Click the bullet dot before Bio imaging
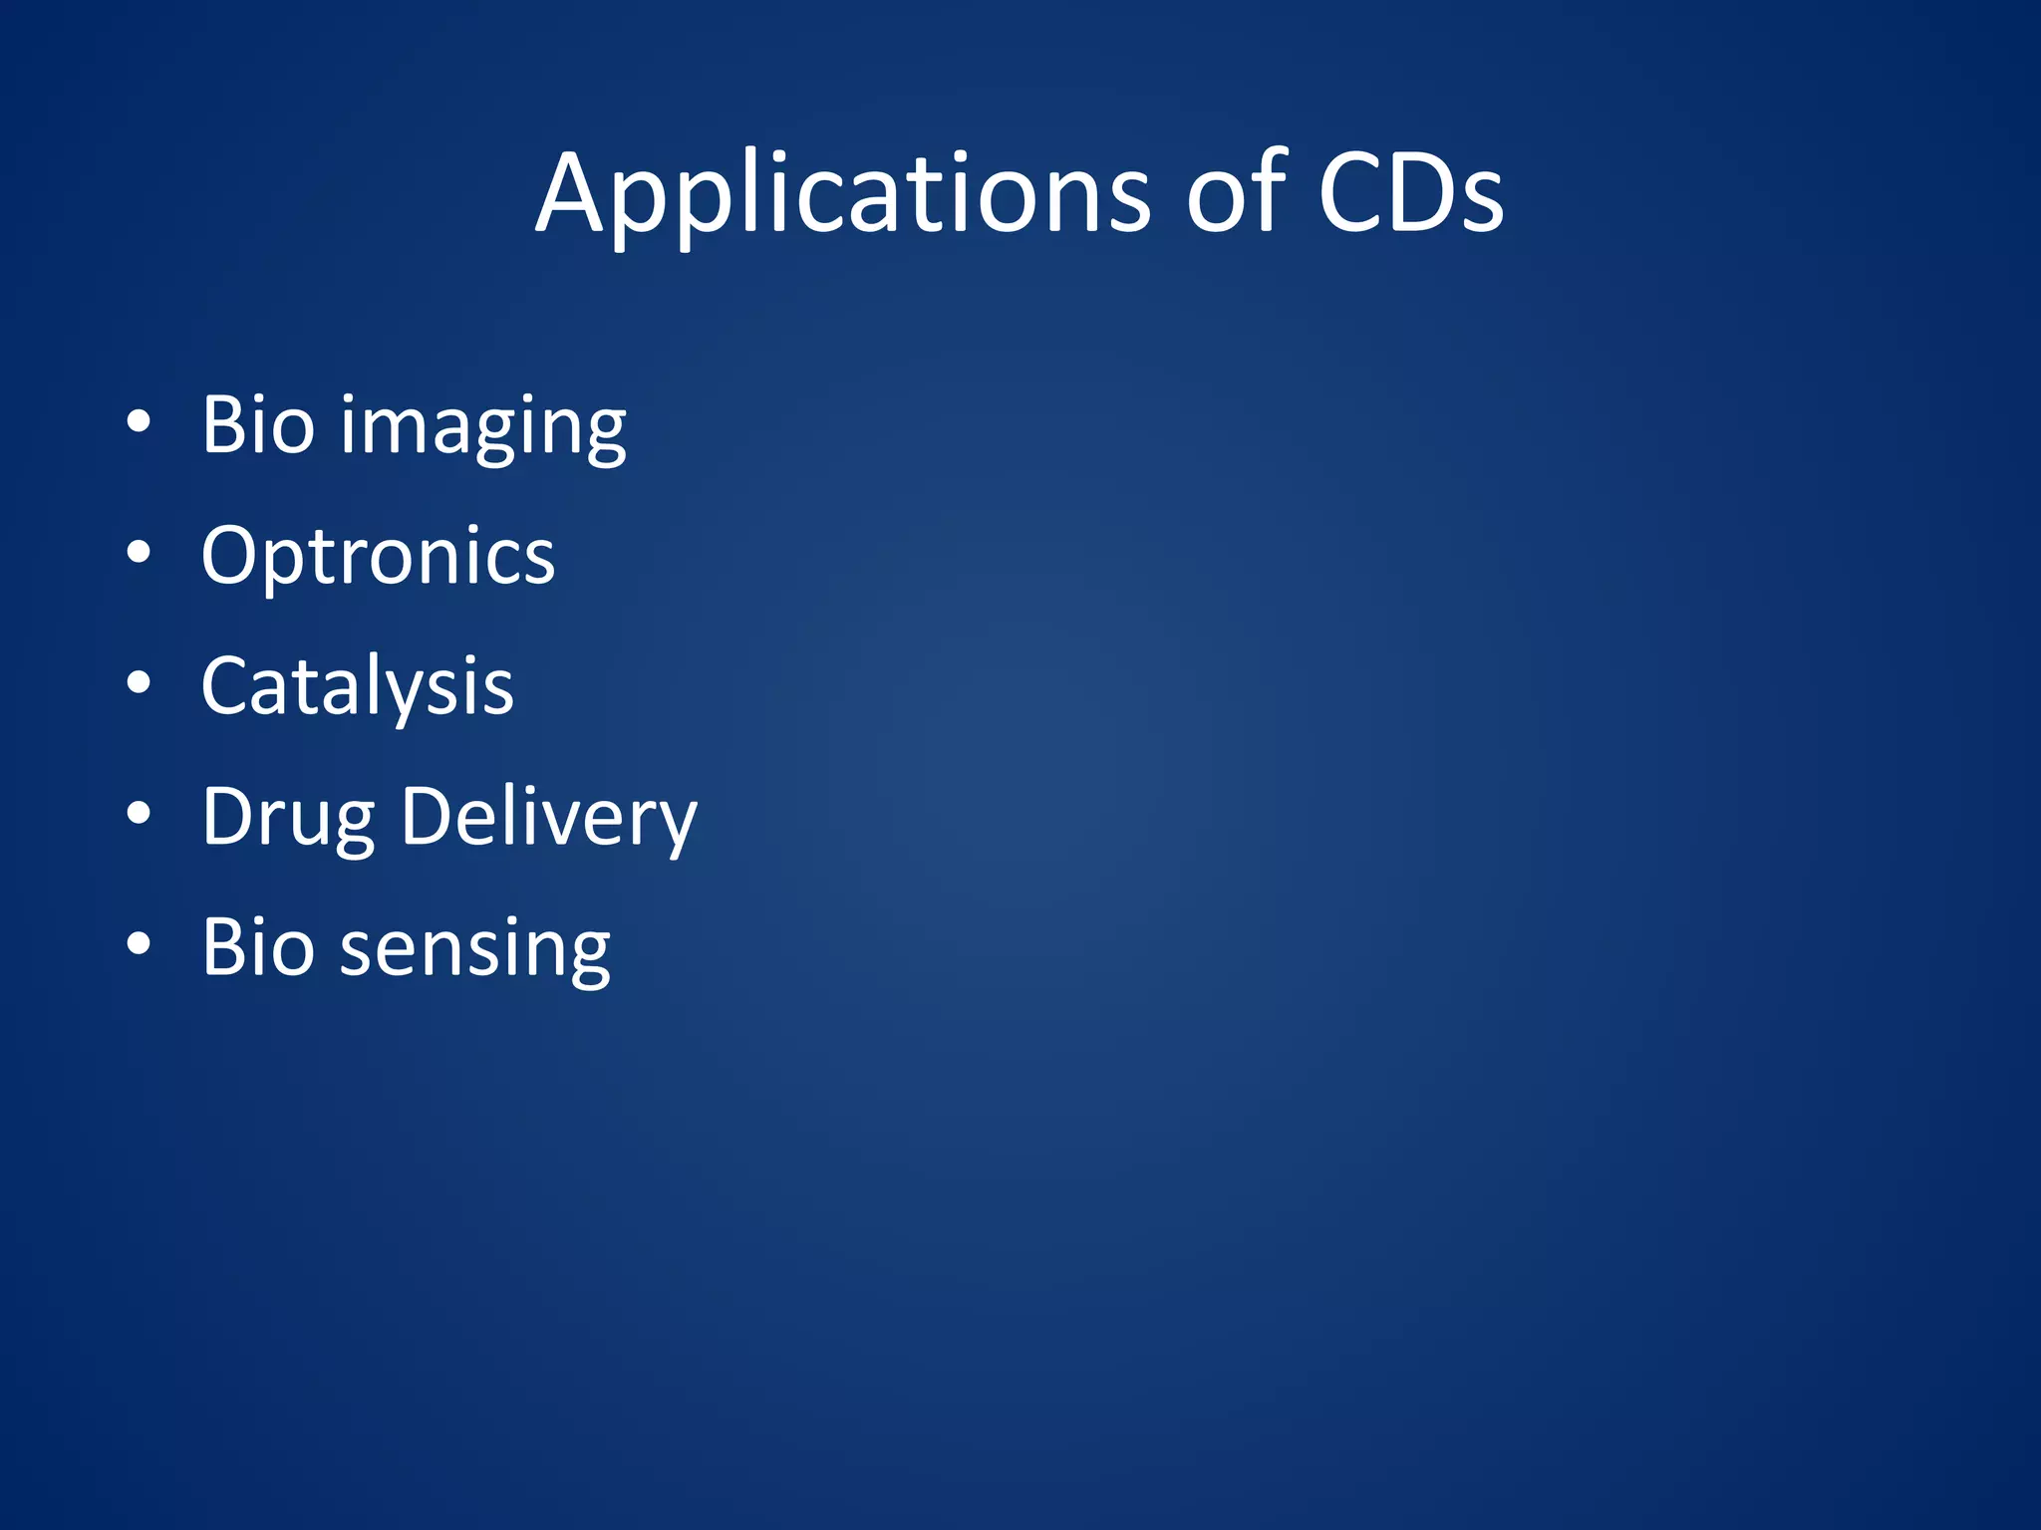(139, 422)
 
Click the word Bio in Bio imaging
(257, 424)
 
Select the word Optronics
(378, 556)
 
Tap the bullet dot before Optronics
(139, 553)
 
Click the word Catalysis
(357, 687)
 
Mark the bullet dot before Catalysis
(139, 683)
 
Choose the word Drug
(288, 819)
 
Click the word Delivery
(548, 819)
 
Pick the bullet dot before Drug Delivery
(139, 814)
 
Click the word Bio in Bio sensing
(257, 946)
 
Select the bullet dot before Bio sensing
(139, 944)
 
